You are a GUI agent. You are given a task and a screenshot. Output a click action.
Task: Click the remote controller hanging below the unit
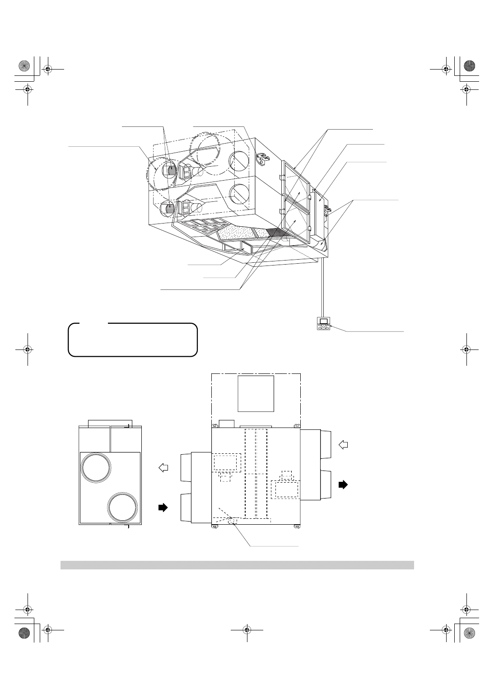click(324, 324)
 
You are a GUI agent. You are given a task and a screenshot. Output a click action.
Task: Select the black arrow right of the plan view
click(344, 484)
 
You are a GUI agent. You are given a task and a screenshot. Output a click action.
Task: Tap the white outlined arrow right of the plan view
click(344, 444)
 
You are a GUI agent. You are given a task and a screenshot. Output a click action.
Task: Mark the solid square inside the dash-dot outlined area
click(256, 393)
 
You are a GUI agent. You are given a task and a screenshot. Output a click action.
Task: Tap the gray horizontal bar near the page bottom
click(237, 565)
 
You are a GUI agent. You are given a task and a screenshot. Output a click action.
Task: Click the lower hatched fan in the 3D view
click(168, 209)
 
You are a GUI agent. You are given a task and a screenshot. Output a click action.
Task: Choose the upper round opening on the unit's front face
click(239, 160)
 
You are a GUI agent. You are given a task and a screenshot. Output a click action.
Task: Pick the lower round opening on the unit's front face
click(239, 195)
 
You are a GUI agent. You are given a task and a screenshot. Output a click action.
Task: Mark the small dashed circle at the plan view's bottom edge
click(233, 521)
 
